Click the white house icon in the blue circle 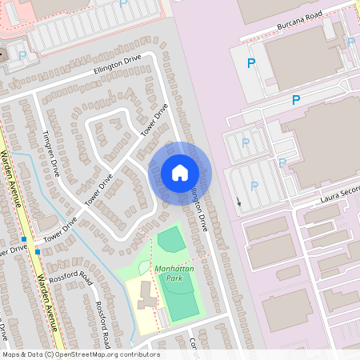(179, 173)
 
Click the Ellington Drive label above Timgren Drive (117, 66)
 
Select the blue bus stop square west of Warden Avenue (25, 239)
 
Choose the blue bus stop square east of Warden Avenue (37, 251)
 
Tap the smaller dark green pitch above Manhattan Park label (170, 239)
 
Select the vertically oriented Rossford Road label (103, 320)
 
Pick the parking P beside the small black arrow (254, 186)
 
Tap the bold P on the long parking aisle (295, 100)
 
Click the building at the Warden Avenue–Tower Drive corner (47, 222)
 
